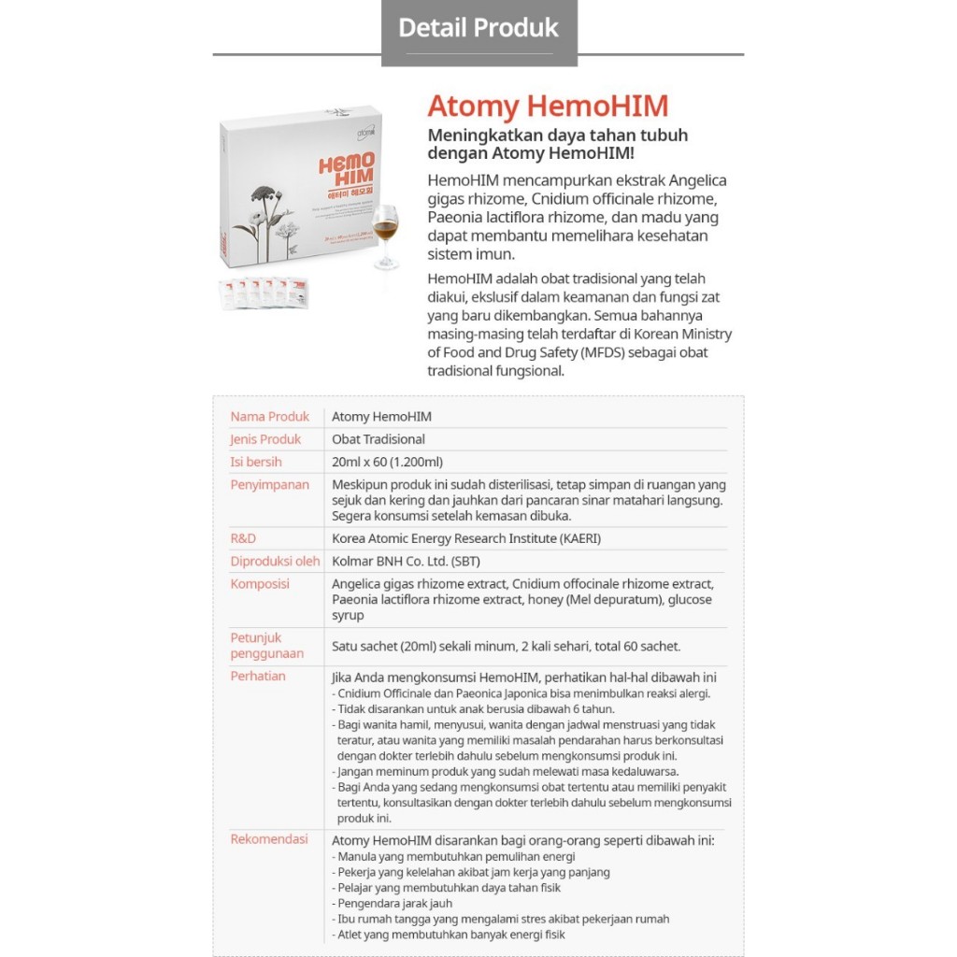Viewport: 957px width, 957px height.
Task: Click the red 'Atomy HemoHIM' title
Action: click(548, 105)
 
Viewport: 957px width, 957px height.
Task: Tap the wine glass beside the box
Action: click(385, 234)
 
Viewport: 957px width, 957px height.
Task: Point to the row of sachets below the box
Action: click(264, 293)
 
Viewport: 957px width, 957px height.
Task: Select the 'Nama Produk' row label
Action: click(269, 417)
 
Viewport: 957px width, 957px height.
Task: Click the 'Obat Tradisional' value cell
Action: click(379, 439)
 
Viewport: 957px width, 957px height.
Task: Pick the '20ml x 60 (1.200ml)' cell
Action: click(387, 462)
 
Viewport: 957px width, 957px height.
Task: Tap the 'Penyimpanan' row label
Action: click(269, 485)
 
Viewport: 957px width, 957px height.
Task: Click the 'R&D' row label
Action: click(243, 538)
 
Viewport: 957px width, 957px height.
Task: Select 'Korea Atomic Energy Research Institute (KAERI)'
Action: click(466, 538)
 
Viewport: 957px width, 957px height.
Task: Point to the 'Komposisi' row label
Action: click(260, 584)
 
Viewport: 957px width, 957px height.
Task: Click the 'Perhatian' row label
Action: click(258, 676)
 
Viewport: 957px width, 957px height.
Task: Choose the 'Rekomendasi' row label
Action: click(269, 839)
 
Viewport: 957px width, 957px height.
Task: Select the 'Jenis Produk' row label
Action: click(265, 439)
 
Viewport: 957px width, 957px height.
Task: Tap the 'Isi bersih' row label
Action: click(255, 462)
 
